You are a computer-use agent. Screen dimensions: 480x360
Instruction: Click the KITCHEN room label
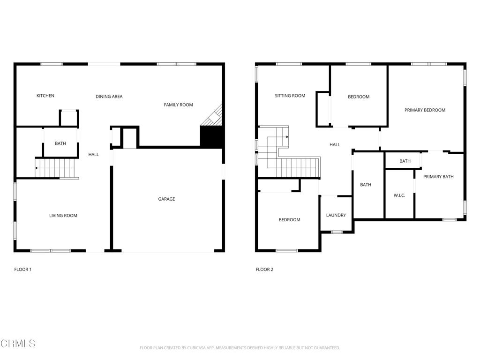click(45, 96)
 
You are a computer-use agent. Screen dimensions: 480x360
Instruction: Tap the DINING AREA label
click(109, 97)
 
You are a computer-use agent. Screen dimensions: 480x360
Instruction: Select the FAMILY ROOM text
click(179, 105)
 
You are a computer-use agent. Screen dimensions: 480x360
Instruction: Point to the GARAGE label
click(166, 199)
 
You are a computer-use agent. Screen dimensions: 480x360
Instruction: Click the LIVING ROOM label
click(63, 216)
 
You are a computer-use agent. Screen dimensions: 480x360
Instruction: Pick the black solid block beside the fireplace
click(211, 137)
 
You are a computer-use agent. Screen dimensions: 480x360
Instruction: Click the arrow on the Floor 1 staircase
click(37, 168)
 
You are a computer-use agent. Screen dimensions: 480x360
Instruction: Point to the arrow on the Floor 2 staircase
click(287, 137)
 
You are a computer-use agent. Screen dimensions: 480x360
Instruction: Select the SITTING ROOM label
click(290, 96)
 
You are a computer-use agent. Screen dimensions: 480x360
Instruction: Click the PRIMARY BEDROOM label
click(425, 110)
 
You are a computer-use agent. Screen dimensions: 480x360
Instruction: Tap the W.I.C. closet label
click(399, 195)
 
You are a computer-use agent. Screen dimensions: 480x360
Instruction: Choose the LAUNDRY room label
click(336, 215)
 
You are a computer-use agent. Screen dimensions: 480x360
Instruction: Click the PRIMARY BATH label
click(438, 177)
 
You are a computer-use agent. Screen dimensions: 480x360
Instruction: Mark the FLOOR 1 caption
click(23, 270)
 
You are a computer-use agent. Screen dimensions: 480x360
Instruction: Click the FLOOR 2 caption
click(264, 270)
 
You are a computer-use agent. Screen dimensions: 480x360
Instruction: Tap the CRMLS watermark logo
click(18, 343)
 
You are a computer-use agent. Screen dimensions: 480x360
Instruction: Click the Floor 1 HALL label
click(94, 155)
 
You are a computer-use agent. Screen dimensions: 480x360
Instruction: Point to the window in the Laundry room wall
click(337, 232)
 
